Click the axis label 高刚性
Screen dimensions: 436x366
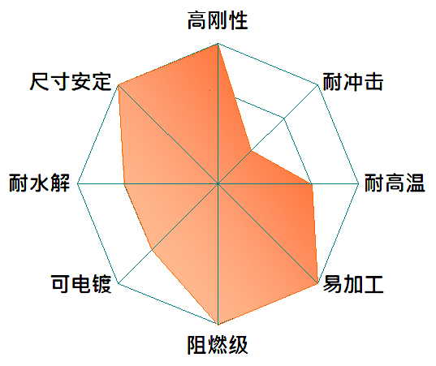pos(218,20)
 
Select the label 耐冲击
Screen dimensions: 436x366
pos(353,82)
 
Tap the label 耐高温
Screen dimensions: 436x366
pos(395,183)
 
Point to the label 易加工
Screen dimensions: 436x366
pos(353,284)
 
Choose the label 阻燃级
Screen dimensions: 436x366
pos(218,345)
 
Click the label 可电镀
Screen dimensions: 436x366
pos(81,284)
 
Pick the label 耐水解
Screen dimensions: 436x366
pos(39,183)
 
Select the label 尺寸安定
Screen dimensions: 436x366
pos(71,82)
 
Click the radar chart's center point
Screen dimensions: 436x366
pos(218,183)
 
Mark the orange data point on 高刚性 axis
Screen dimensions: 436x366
pos(218,44)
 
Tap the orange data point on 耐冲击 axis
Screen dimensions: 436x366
pos(251,151)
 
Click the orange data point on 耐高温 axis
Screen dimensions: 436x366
pos(312,183)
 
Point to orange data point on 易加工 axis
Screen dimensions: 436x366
pos(317,283)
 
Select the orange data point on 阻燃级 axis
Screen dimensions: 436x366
pos(218,324)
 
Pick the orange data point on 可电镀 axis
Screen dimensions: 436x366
pos(152,250)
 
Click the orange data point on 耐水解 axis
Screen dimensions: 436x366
pos(124,183)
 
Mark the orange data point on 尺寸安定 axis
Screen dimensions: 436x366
pos(119,84)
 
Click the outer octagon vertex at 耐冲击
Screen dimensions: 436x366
pos(317,84)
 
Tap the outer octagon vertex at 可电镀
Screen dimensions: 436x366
pos(119,283)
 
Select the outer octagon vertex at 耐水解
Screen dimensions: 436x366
pos(78,183)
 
